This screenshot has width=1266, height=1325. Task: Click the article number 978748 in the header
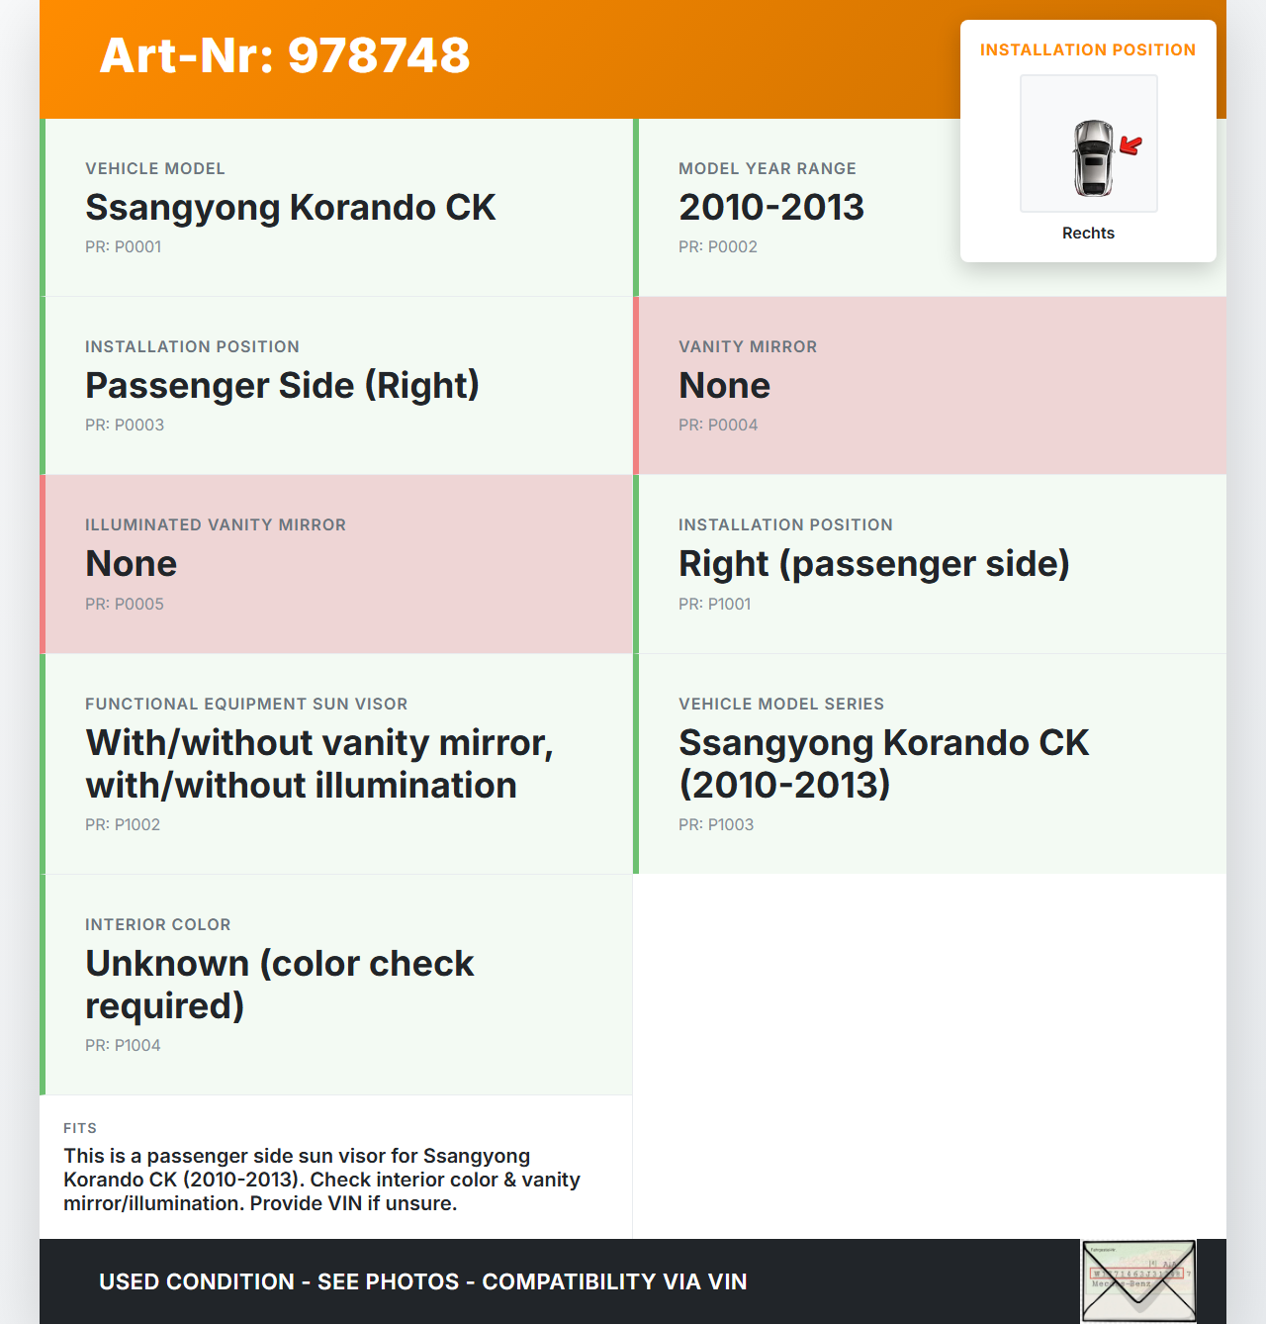click(379, 55)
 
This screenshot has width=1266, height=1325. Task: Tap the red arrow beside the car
click(1130, 146)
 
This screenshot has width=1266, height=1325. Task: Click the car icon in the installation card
click(1093, 157)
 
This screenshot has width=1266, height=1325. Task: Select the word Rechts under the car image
click(1088, 233)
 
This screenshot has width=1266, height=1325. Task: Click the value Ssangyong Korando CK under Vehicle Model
click(290, 208)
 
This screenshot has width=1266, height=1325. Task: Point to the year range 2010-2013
click(771, 208)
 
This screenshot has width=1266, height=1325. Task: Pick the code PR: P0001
click(123, 247)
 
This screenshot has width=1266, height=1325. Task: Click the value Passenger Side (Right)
click(282, 386)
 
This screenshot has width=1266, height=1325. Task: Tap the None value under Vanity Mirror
click(724, 386)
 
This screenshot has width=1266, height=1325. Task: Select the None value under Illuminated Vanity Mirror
click(131, 564)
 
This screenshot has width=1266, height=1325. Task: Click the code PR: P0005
click(125, 604)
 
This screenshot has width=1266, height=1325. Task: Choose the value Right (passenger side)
click(873, 564)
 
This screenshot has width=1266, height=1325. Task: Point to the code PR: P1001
click(714, 604)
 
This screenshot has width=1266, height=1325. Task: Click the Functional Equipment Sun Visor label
click(246, 704)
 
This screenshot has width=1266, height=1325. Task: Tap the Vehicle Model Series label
click(781, 704)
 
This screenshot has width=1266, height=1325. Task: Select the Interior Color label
click(158, 924)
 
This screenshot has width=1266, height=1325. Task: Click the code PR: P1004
click(123, 1045)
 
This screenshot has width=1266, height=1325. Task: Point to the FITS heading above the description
click(80, 1128)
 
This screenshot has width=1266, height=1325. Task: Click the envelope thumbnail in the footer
click(1138, 1281)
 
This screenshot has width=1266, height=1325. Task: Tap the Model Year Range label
click(768, 168)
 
